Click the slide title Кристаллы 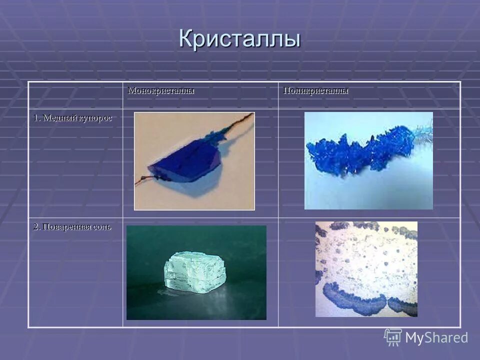239,39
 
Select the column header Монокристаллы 161,91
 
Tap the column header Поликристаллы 315,91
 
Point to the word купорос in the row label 94,118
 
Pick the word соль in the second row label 101,226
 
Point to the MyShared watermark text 436,338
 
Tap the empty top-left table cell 75,95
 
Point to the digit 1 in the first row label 36,118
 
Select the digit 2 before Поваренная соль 36,226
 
